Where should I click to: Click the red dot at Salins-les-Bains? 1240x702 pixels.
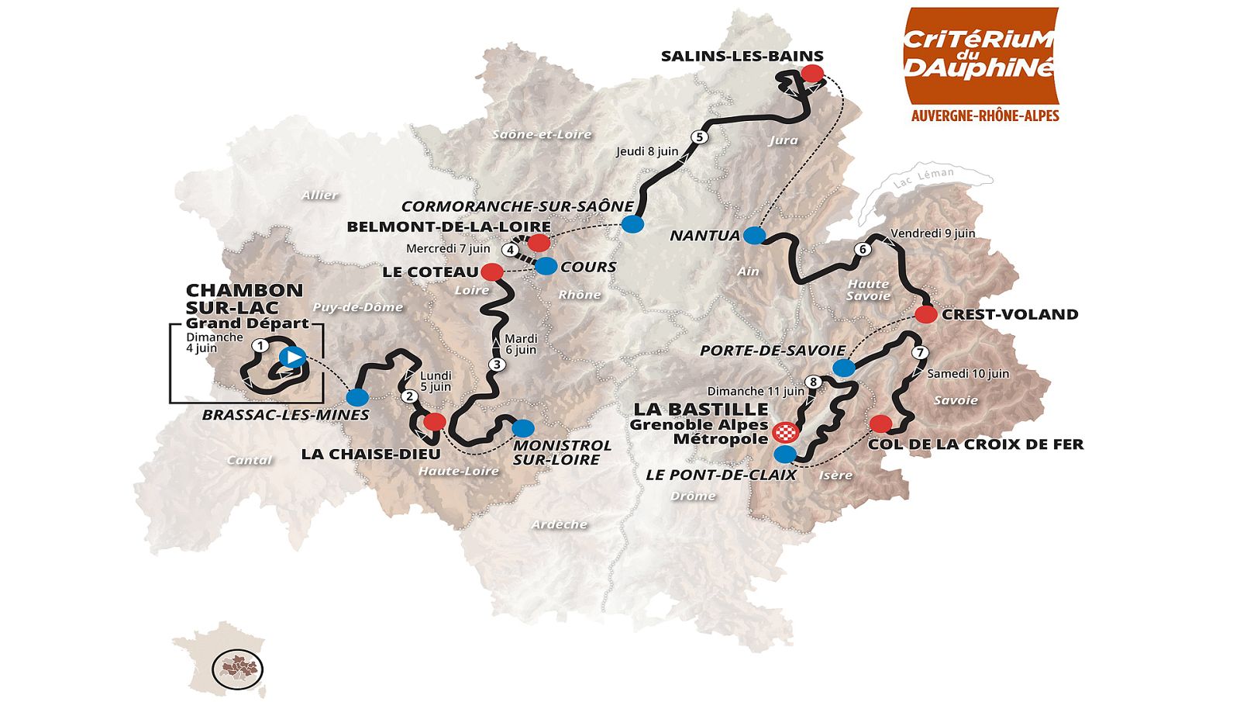(811, 74)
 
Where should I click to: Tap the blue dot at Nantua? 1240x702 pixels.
(753, 235)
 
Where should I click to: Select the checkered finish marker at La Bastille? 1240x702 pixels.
(785, 433)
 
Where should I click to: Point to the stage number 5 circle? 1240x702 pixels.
(699, 137)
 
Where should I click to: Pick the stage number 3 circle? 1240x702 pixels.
(497, 364)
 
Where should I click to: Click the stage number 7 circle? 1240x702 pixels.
(919, 352)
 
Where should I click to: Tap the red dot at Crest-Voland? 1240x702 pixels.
(925, 314)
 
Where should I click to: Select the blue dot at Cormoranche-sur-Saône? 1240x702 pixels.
(632, 224)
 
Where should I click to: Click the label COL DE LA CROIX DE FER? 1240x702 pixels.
(975, 444)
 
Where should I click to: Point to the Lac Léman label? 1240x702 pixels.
(923, 178)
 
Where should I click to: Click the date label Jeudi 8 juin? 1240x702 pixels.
(647, 151)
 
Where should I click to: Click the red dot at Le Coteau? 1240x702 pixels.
(491, 271)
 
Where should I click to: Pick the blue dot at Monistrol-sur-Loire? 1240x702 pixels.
(523, 427)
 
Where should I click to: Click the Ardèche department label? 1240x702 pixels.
(559, 525)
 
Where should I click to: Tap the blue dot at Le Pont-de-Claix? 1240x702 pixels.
(784, 454)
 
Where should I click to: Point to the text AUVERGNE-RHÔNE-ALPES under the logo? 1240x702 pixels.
(984, 116)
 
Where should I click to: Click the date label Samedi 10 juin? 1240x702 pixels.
(968, 373)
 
